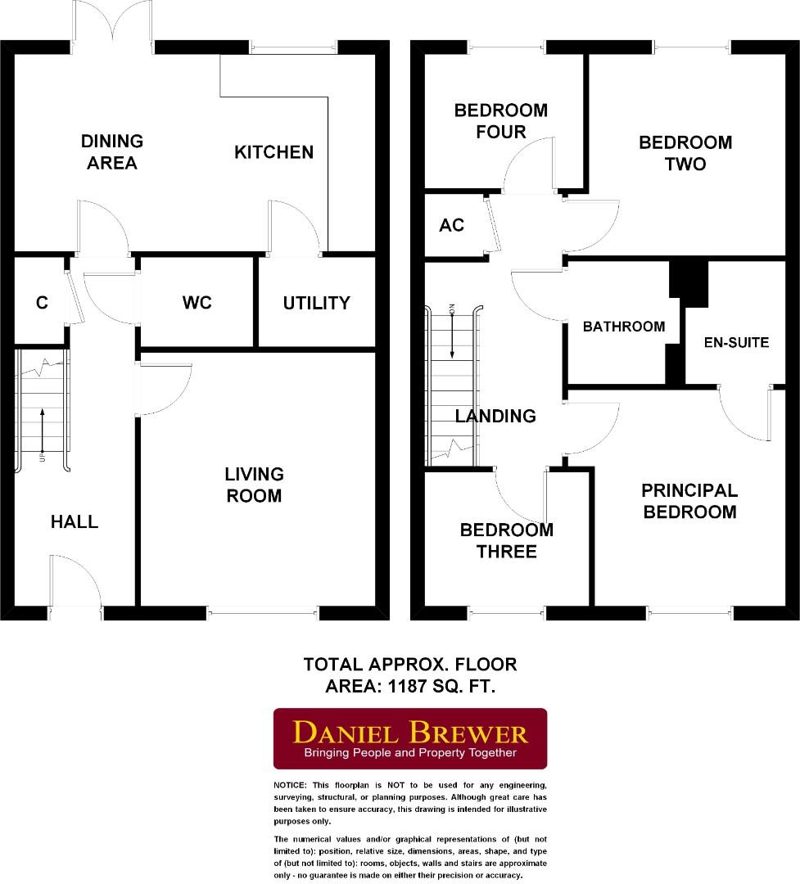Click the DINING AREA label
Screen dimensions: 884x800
point(111,152)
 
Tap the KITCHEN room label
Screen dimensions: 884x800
point(273,152)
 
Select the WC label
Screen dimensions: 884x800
point(197,303)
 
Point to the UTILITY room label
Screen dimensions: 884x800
point(316,303)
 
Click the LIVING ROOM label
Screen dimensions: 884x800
point(255,485)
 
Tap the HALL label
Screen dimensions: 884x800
point(75,521)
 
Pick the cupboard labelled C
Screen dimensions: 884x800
point(42,303)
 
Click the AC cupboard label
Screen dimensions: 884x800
point(451,225)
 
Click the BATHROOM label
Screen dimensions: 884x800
point(623,327)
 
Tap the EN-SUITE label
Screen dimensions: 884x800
point(736,342)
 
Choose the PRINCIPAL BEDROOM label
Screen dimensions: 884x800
point(689,501)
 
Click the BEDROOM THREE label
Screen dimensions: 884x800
point(506,540)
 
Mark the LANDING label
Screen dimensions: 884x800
point(495,416)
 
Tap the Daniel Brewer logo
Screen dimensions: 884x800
point(409,738)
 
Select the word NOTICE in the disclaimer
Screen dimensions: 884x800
point(290,785)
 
